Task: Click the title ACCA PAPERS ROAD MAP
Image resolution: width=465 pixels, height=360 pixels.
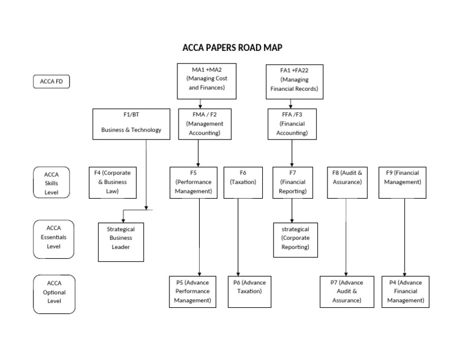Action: [x=232, y=48]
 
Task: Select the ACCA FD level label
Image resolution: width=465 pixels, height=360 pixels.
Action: [x=51, y=82]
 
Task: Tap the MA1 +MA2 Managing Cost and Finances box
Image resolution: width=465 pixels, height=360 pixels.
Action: [x=206, y=81]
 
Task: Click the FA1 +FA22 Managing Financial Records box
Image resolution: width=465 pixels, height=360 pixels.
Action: [x=294, y=81]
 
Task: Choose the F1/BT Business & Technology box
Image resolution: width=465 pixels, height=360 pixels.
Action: [x=131, y=124]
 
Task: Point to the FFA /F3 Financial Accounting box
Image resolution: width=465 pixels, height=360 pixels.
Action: [x=292, y=124]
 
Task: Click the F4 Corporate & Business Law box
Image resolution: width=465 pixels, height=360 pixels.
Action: [x=112, y=182]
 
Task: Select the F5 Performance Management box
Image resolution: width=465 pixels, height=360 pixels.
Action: [x=193, y=182]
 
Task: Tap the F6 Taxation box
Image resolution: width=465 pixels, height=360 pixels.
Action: [x=243, y=182]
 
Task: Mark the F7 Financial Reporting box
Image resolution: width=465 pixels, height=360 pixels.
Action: [x=292, y=182]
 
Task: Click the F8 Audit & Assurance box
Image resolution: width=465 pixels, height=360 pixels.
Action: [x=347, y=182]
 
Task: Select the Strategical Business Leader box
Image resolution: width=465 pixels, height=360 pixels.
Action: [x=120, y=242]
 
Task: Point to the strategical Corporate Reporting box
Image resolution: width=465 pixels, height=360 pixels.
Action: [x=295, y=239]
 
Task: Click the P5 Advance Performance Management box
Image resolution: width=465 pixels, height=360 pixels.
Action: [x=193, y=292]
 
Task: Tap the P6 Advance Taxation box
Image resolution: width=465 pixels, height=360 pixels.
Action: [x=249, y=292]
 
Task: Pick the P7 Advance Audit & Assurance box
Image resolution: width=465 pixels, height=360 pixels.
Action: [x=346, y=292]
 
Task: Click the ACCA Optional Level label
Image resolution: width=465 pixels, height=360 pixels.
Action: [x=54, y=293]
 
